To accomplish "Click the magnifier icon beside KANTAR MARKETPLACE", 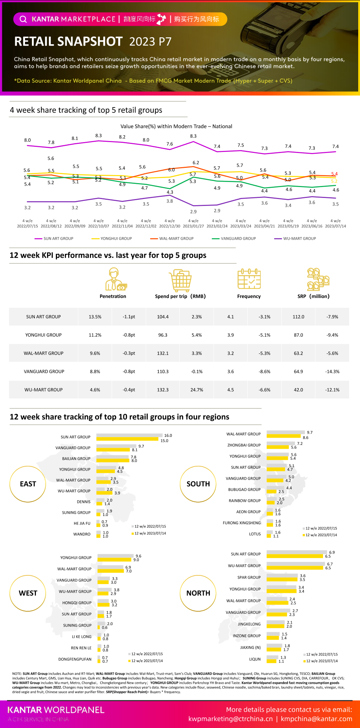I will (23, 19).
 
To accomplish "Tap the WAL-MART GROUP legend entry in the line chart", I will (176, 239).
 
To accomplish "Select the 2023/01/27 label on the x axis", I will (193, 226).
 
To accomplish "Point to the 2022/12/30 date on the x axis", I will (170, 226).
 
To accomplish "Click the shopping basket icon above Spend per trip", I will (180, 280).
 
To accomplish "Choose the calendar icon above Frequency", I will (249, 279).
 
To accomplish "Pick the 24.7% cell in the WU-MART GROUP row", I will (197, 390).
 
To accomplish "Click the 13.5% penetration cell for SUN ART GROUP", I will (95, 317).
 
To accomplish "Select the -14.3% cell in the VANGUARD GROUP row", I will (332, 372).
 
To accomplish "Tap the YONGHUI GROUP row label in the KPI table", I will (44, 335).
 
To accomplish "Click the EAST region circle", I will (28, 484).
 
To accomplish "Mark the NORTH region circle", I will (198, 593).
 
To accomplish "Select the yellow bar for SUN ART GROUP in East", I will (127, 439).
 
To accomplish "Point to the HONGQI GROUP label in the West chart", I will (77, 603).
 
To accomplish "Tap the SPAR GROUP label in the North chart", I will (249, 578).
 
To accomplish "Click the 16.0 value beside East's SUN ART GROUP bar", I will (168, 435).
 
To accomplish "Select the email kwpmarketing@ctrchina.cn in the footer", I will (231, 719).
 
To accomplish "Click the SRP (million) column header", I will (313, 296).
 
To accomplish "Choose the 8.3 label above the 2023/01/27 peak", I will (193, 136).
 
